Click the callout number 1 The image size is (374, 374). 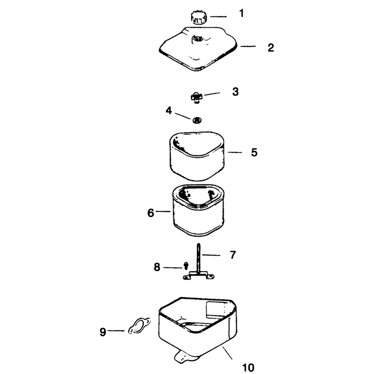tap(242, 14)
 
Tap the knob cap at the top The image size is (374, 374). tap(199, 18)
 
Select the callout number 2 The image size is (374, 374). tap(271, 48)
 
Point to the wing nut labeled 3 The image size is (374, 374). tap(196, 97)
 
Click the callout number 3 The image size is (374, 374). tap(236, 92)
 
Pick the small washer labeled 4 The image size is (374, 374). tap(197, 120)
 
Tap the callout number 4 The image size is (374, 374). tap(169, 111)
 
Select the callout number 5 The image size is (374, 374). tap(254, 152)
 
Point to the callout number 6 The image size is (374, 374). tap(151, 213)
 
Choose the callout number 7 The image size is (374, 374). tap(233, 255)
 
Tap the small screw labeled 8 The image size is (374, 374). tap(186, 265)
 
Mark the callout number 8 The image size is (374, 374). tap(157, 267)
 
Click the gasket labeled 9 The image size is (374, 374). tap(139, 326)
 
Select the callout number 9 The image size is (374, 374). tap(103, 332)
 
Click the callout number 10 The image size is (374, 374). tap(248, 367)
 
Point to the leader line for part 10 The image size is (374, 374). tap(227, 353)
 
